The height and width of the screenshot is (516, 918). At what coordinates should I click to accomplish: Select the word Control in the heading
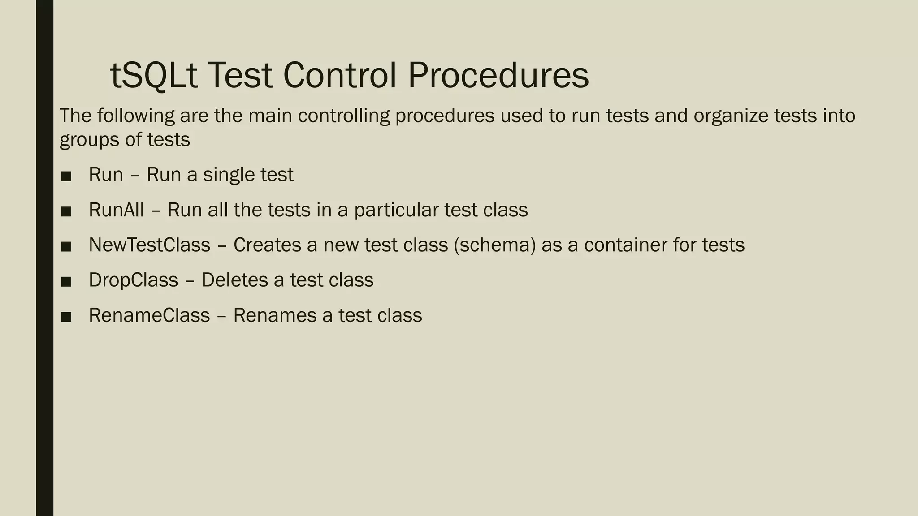click(x=340, y=75)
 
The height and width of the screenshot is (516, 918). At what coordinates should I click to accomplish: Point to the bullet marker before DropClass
click(x=66, y=281)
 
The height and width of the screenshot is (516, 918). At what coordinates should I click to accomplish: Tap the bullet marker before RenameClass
click(x=66, y=317)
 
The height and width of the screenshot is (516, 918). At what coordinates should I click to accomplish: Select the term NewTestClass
click(x=149, y=245)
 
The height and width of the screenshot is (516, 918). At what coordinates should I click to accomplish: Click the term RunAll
click(x=116, y=210)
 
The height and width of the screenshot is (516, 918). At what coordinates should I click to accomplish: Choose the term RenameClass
click(x=149, y=315)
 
